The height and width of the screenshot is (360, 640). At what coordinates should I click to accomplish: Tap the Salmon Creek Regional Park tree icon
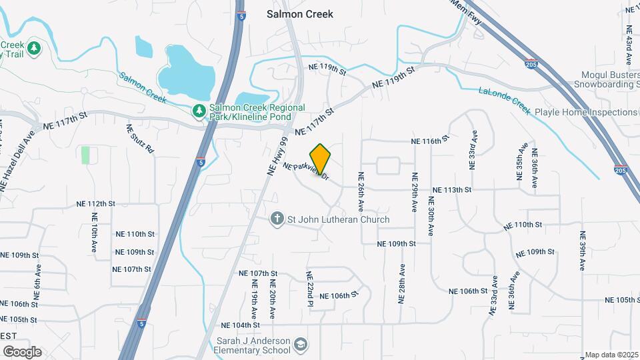coord(198,110)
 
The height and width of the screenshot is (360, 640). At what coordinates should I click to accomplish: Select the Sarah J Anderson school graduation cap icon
coord(301,344)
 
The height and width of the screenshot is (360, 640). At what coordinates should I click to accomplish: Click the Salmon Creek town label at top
coord(299,13)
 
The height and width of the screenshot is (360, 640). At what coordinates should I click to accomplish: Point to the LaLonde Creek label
coord(503,100)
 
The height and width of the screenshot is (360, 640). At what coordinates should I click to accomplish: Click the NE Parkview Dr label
coord(306,171)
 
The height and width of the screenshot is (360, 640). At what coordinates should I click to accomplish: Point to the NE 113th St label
coord(452,190)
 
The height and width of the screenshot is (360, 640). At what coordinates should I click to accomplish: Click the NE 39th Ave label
coord(583,250)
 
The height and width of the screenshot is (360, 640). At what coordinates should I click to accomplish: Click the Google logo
coord(21,351)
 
